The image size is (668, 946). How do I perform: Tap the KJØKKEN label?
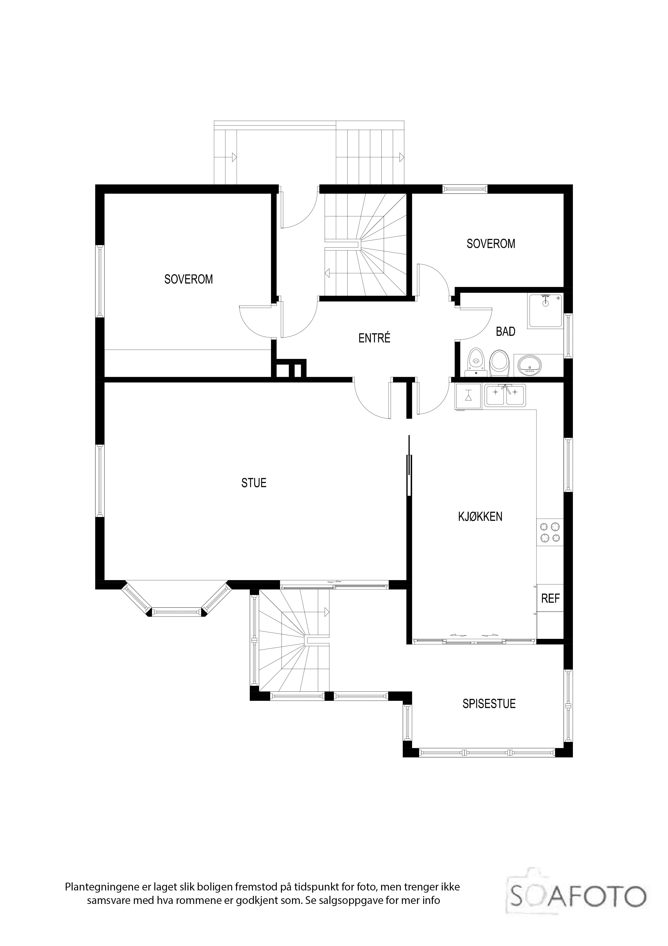coord(480,517)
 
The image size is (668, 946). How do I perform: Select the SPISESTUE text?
coord(489,704)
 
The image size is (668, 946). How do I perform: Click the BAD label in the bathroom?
coord(505,332)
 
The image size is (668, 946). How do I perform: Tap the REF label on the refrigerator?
coord(550,598)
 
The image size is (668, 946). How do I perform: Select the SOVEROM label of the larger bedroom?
coord(189,279)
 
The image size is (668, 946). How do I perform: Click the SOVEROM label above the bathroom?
coord(490,244)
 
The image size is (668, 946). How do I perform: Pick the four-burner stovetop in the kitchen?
coord(550,532)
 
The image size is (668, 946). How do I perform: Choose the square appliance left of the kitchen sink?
coord(468,396)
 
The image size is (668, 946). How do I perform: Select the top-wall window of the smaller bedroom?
coord(465,189)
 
